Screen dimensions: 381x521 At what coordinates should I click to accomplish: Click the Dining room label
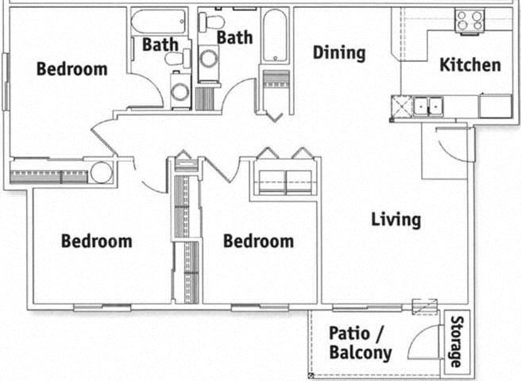[x=339, y=53]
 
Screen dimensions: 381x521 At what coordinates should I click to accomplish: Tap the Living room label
[x=396, y=219]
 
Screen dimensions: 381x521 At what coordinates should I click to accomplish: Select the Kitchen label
[x=470, y=64]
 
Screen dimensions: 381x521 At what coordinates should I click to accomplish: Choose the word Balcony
[x=360, y=352]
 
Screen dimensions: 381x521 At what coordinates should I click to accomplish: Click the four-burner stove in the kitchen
[x=470, y=20]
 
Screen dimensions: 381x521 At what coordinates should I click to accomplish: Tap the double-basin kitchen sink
[x=427, y=105]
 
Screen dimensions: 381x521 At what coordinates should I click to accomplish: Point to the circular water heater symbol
[x=101, y=172]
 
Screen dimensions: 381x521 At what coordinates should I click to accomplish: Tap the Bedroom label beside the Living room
[x=258, y=241]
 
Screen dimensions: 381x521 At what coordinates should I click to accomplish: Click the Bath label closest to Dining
[x=234, y=37]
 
